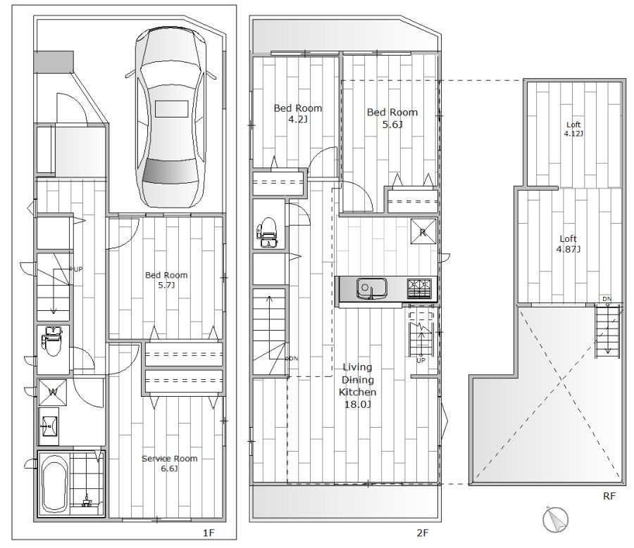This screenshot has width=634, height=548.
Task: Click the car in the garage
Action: click(170, 118)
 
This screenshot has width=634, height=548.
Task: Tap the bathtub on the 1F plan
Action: click(54, 483)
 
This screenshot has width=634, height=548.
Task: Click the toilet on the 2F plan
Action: click(267, 232)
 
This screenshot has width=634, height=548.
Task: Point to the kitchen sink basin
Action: click(371, 288)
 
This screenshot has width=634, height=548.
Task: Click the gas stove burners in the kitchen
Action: click(419, 288)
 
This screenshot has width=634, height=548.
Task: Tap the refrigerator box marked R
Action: click(423, 231)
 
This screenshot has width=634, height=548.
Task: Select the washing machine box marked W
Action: click(53, 392)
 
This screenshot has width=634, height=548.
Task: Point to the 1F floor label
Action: click(209, 533)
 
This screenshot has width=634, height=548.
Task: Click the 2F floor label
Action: click(422, 533)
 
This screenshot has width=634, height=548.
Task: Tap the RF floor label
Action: click(609, 496)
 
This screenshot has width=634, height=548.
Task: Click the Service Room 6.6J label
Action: click(169, 463)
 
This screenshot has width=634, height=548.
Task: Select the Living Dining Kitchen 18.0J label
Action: click(357, 385)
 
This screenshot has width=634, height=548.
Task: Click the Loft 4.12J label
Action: click(573, 129)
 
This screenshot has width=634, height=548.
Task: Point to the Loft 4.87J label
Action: click(568, 244)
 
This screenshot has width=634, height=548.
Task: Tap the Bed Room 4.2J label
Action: click(298, 113)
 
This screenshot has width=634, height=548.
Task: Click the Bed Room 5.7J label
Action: click(166, 280)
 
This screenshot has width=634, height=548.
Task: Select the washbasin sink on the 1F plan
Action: click(49, 426)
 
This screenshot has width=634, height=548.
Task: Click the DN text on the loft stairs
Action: click(607, 299)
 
